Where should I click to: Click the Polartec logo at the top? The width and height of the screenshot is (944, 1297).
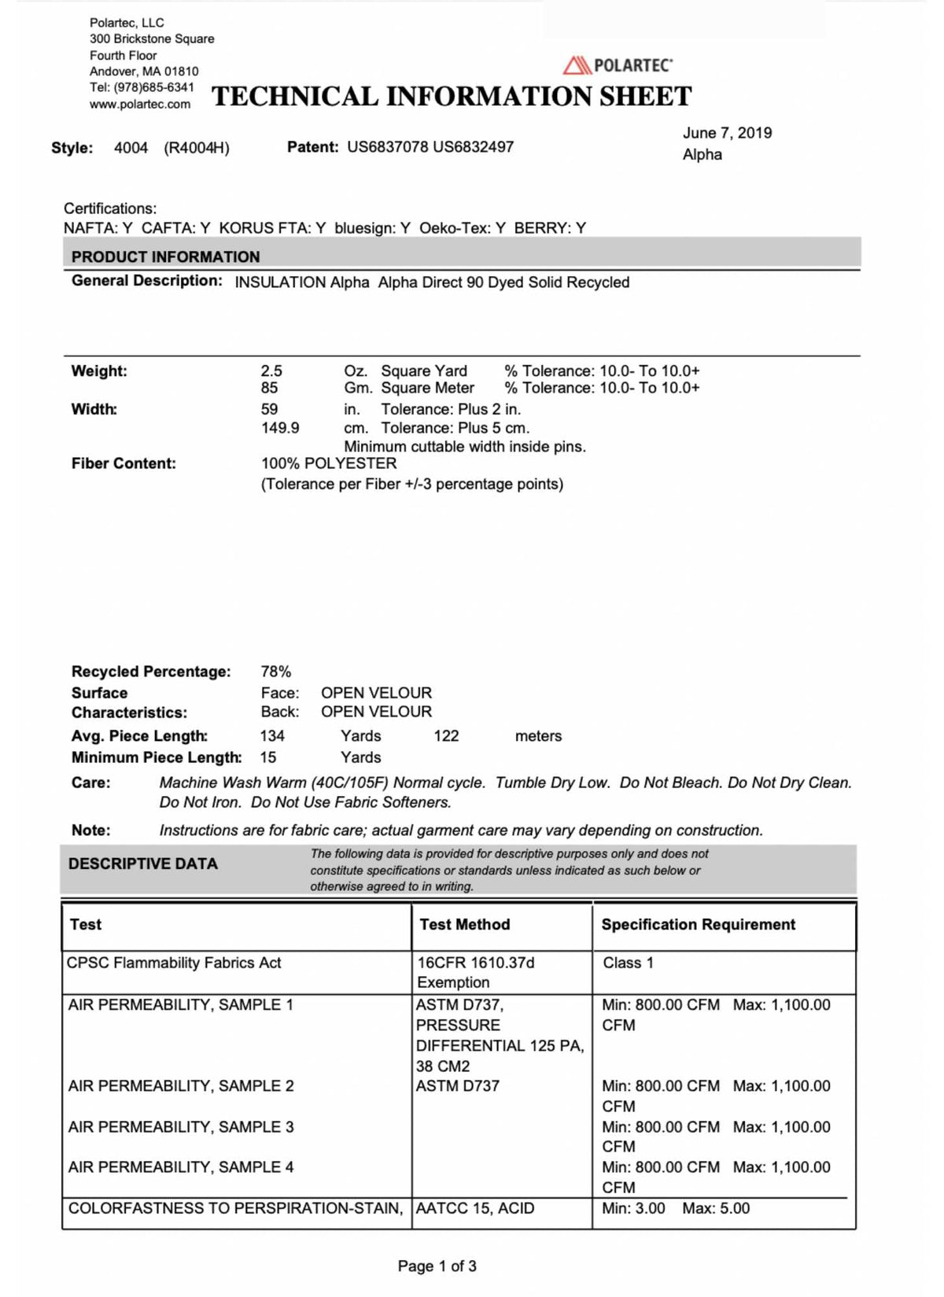(618, 65)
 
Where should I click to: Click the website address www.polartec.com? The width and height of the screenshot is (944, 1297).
(140, 104)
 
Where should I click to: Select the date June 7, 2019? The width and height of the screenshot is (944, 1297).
(727, 133)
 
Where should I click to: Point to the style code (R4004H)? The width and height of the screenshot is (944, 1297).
(197, 148)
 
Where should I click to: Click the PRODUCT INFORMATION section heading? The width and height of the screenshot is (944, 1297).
(165, 256)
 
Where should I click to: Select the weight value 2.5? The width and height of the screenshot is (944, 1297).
(271, 370)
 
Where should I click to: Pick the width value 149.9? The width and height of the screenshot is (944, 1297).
(280, 428)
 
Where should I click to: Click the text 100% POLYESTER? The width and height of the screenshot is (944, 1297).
(329, 463)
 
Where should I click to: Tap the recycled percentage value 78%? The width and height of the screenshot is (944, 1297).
(276, 672)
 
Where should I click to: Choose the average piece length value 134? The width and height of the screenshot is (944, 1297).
(272, 736)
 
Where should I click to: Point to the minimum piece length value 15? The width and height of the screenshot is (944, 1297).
(268, 757)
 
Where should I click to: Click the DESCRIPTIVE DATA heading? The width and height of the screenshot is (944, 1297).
(143, 864)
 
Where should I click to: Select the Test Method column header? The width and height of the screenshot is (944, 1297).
(464, 924)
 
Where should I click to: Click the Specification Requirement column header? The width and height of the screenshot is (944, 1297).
(699, 924)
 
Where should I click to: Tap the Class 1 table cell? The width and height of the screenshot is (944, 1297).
(628, 963)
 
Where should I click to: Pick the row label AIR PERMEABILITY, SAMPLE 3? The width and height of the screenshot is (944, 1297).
(181, 1127)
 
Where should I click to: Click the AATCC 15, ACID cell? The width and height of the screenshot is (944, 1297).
(475, 1208)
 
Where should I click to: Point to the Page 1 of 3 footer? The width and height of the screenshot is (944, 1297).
(437, 1266)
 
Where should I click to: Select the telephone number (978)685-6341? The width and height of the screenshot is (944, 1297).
(153, 87)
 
